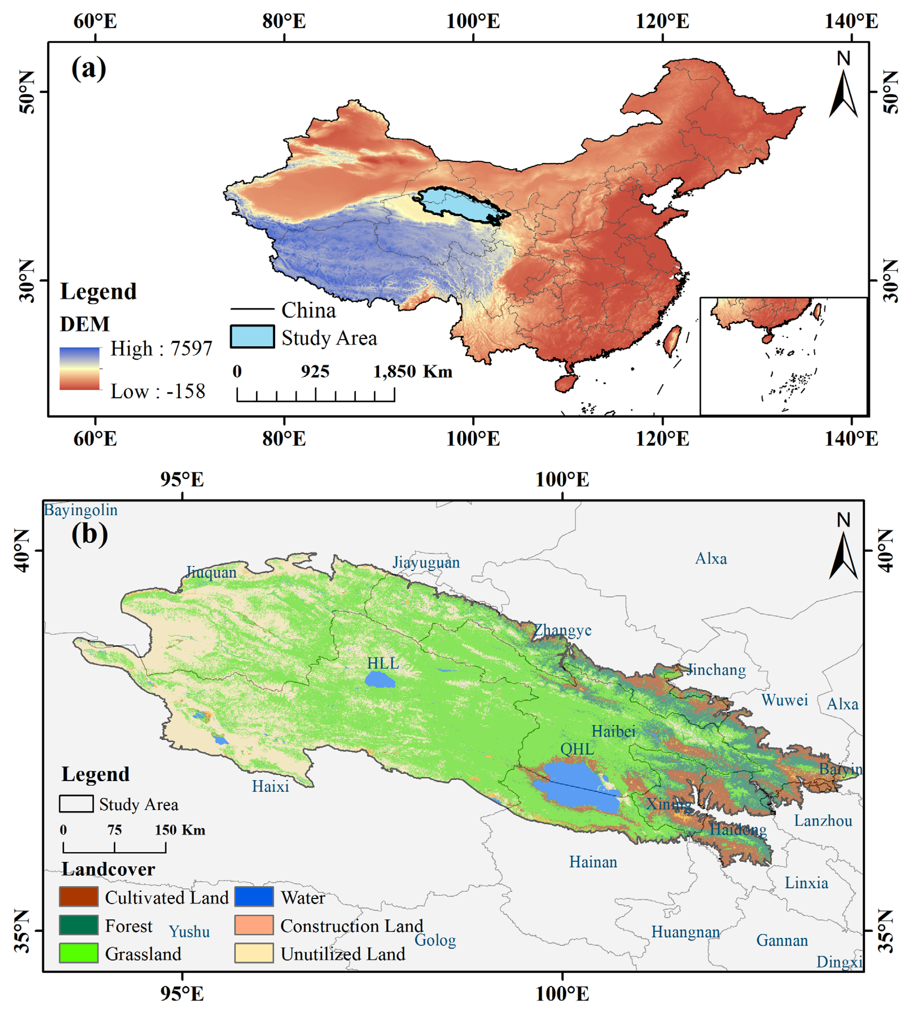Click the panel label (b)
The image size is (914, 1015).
tap(89, 534)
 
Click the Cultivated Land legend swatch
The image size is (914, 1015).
tap(78, 897)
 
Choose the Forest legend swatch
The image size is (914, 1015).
tap(78, 925)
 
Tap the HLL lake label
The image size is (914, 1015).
tap(383, 663)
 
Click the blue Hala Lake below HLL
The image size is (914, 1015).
tap(379, 680)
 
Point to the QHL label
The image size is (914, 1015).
tap(577, 749)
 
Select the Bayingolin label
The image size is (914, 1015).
tap(81, 510)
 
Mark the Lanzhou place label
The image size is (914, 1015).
tap(823, 821)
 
